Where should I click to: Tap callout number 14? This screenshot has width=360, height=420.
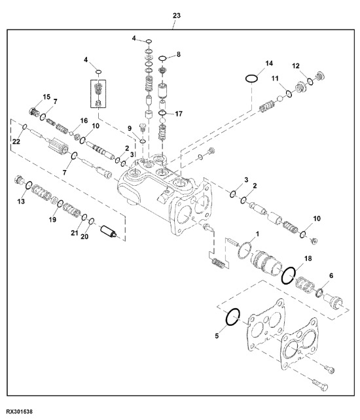(268, 63)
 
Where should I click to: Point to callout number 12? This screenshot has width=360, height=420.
(295, 66)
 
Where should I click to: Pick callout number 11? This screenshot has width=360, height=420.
(276, 80)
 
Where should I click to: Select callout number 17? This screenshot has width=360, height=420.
(179, 113)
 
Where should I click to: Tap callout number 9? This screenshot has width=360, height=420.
(130, 128)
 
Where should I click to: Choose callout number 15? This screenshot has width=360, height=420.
(46, 97)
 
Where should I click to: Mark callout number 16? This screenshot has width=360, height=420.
(83, 121)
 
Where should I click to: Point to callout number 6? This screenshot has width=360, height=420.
(331, 276)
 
